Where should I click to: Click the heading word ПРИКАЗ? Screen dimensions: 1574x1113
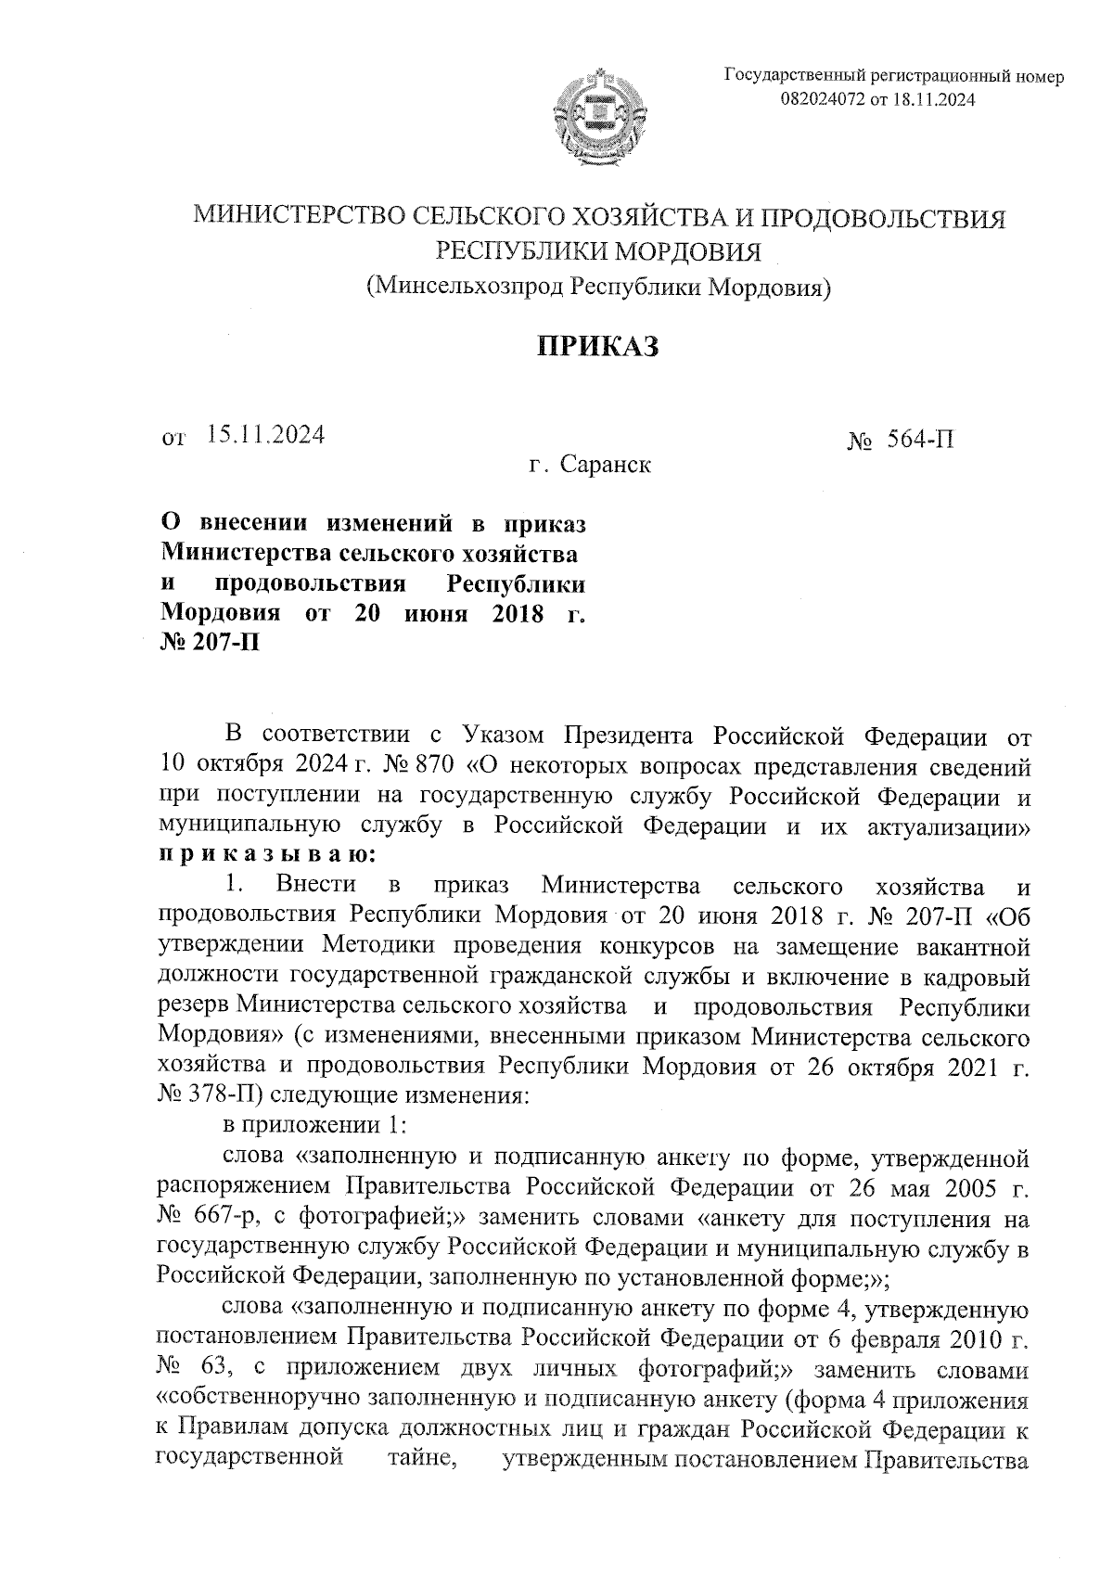[x=598, y=347]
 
